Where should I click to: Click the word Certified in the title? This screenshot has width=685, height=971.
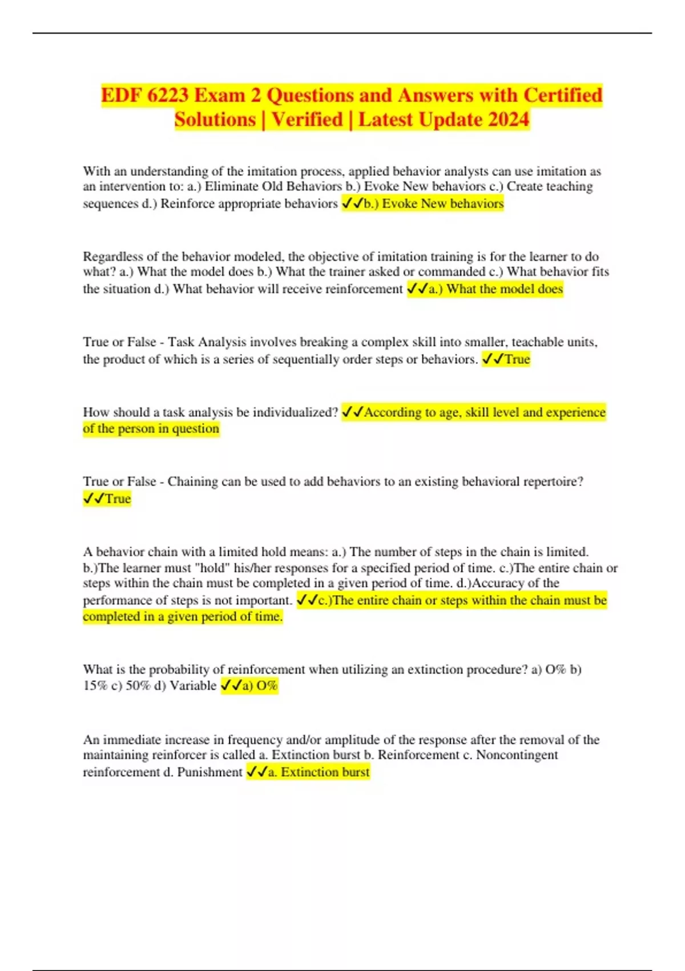point(563,95)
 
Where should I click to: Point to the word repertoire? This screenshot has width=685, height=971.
point(551,482)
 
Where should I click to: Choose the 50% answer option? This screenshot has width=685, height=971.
point(138,685)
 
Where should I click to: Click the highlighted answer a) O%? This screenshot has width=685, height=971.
point(260,685)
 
